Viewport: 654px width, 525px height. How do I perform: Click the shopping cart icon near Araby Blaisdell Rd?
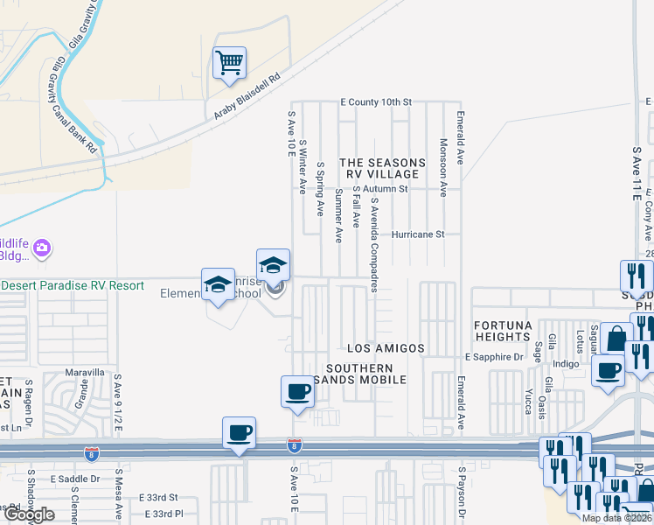coord(229,63)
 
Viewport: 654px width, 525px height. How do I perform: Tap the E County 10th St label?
coord(376,102)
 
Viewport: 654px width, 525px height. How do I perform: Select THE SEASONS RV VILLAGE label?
coord(382,169)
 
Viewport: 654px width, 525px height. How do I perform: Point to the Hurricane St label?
coord(419,234)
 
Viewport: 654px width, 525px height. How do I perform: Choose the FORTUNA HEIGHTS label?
coord(503,332)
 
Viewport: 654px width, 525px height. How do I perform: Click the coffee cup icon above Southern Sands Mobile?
coord(297,392)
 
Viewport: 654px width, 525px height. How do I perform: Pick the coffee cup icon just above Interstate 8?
coord(239,432)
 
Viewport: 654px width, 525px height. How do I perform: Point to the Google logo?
coord(29,514)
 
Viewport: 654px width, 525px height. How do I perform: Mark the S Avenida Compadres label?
coord(373,245)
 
